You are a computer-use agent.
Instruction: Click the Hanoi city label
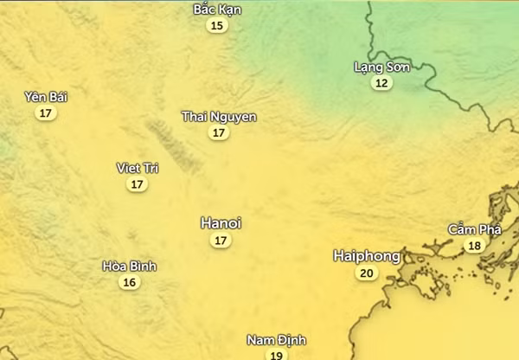click(221, 223)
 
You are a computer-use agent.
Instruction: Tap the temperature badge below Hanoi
click(221, 241)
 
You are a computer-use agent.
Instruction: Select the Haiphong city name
click(367, 256)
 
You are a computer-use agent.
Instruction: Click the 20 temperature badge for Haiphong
click(367, 273)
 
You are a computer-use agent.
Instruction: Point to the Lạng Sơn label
click(381, 67)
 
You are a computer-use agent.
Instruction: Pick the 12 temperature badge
click(381, 83)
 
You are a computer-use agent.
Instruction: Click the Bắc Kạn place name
click(217, 10)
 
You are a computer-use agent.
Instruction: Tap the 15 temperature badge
click(217, 26)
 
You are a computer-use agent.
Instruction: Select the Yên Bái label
click(46, 97)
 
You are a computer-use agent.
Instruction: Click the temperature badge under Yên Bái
click(46, 113)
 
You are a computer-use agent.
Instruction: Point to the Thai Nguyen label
click(219, 117)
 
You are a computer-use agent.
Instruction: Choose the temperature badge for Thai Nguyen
click(219, 133)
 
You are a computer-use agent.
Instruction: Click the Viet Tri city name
click(138, 168)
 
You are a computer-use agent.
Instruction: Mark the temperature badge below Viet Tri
click(138, 184)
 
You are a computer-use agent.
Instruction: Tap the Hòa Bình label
click(130, 266)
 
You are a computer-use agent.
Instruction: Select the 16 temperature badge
click(130, 282)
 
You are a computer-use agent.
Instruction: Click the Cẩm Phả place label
click(474, 229)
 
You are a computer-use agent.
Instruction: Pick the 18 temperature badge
click(474, 246)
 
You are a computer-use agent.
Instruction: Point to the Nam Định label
click(276, 340)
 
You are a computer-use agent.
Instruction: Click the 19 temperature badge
click(276, 355)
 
